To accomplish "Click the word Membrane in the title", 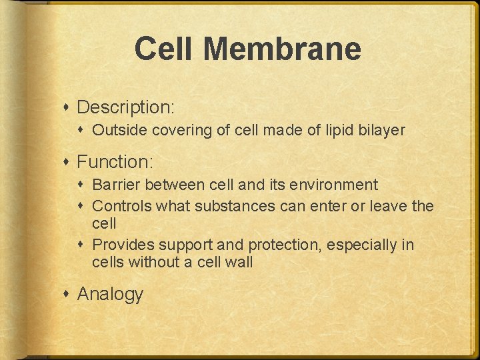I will click(x=282, y=49).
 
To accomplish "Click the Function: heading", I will click(x=115, y=161).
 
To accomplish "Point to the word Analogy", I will click(x=110, y=294).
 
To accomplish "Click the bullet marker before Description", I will click(x=67, y=107).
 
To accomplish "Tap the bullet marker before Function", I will click(x=67, y=161).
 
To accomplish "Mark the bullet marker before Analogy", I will click(x=67, y=294).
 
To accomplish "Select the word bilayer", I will click(x=381, y=131).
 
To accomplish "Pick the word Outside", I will click(x=120, y=131).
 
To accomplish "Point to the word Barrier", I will click(x=117, y=185).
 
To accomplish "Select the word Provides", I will click(x=121, y=245).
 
